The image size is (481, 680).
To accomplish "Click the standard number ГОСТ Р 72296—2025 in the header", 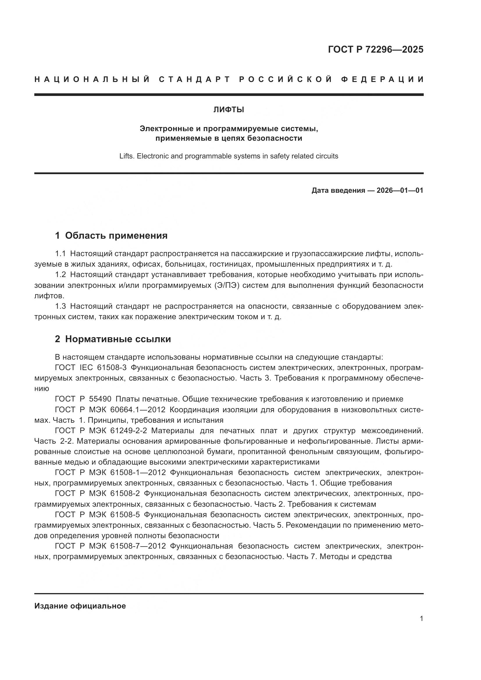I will [x=375, y=49].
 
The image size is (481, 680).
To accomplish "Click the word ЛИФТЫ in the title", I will [x=229, y=110].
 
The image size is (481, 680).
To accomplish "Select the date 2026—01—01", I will [x=400, y=190].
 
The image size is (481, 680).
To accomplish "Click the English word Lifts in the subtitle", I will [x=126, y=156].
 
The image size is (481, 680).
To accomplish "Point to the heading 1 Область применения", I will [x=111, y=235].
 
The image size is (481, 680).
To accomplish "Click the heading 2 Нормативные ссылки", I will [x=113, y=339].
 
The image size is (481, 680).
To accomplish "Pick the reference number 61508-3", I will [x=112, y=368].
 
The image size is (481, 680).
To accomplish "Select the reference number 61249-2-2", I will [x=128, y=431].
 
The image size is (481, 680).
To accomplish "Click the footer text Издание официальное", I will [x=80, y=606].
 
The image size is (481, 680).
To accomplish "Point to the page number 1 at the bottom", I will [x=421, y=619].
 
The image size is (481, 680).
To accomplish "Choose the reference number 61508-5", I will [x=125, y=515].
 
